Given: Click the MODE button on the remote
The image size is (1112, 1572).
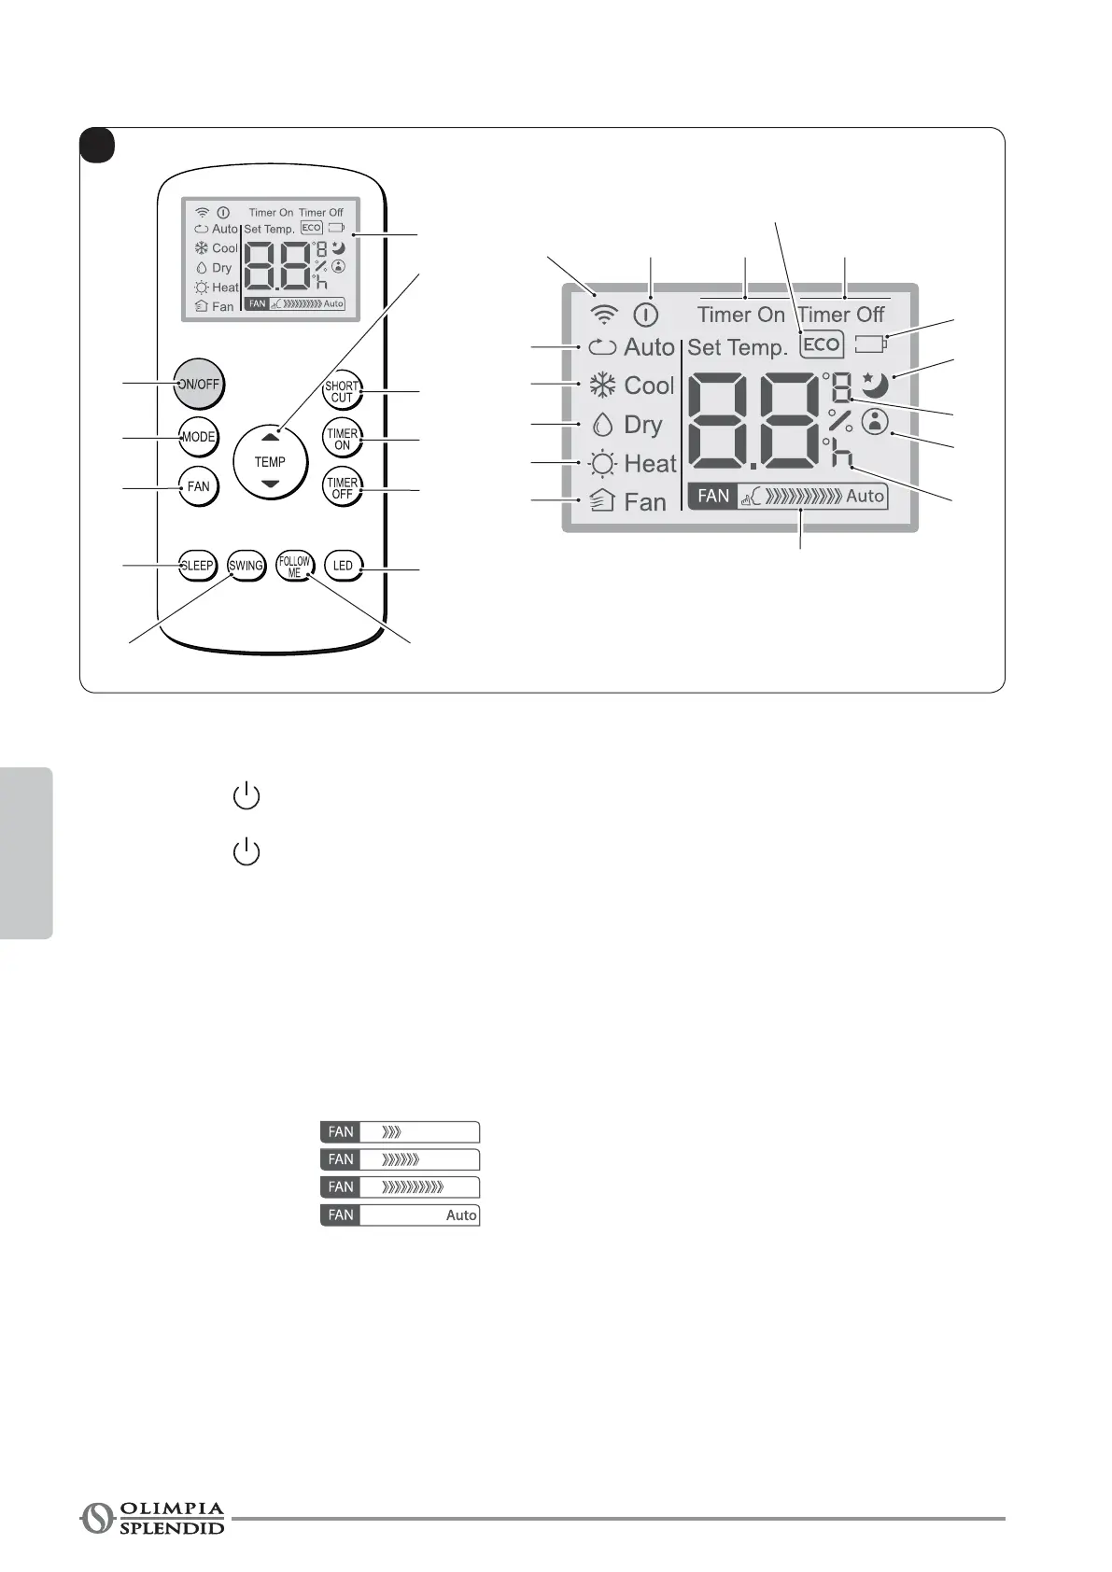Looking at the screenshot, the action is [x=198, y=437].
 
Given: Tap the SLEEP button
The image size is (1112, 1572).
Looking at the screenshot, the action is [x=197, y=566].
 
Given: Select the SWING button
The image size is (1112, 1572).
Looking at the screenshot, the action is [x=246, y=566].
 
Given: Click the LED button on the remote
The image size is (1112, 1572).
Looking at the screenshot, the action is [x=343, y=566].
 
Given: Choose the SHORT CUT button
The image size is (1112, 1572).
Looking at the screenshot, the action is [x=342, y=391].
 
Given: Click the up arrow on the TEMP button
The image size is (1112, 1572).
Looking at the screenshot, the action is [x=270, y=436].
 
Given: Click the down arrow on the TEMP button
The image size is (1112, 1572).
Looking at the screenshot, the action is [x=270, y=484].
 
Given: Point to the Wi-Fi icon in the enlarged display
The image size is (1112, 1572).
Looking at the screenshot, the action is [x=605, y=315].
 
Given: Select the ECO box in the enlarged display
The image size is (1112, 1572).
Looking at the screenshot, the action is [x=822, y=344].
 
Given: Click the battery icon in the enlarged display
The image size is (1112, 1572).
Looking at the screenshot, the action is [x=870, y=344].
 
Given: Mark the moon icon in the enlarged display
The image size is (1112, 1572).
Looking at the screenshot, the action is [x=875, y=384].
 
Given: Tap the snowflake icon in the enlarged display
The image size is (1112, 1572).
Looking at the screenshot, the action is [x=602, y=386].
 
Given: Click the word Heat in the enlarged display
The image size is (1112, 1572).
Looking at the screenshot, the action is [x=650, y=463].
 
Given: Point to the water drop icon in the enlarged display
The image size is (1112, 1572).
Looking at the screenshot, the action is [x=602, y=425].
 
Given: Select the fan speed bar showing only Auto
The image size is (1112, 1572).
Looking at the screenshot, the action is [x=400, y=1214].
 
